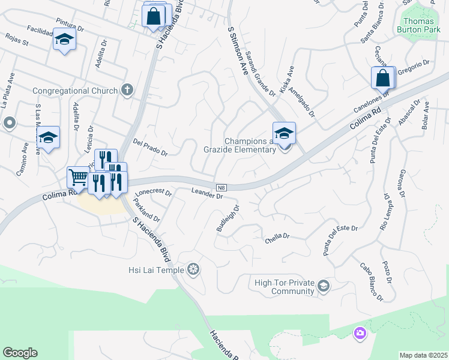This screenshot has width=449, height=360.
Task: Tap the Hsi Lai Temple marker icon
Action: [193, 269]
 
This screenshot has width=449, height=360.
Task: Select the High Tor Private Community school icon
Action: [324, 285]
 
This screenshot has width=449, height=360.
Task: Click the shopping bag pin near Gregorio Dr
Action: [382, 78]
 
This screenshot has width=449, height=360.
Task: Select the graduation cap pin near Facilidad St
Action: [64, 41]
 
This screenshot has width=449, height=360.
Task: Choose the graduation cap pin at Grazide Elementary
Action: [284, 133]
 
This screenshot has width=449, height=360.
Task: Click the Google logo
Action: [20, 353]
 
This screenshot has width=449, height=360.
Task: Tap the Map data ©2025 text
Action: [423, 355]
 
